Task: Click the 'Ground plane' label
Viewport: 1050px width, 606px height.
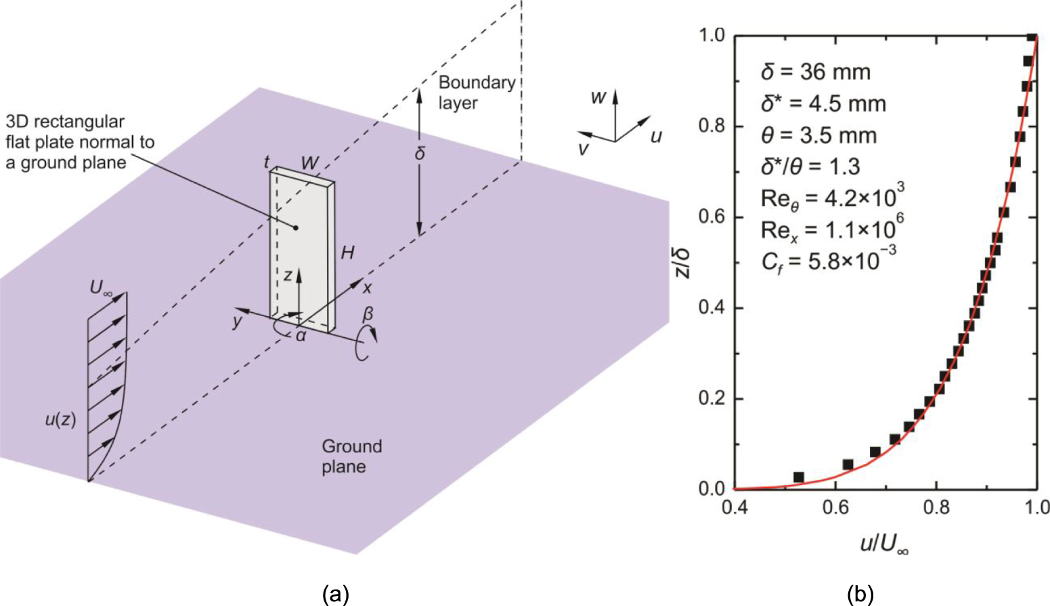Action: pyautogui.click(x=351, y=456)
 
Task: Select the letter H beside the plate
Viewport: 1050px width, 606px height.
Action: pyautogui.click(x=347, y=253)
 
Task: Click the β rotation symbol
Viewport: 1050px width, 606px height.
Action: pyautogui.click(x=368, y=314)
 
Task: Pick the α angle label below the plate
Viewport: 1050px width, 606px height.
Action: pyautogui.click(x=301, y=335)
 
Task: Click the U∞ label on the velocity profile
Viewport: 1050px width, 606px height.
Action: pyautogui.click(x=103, y=288)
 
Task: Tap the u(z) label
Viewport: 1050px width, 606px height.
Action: pyautogui.click(x=61, y=420)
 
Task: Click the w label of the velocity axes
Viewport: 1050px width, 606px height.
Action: pyautogui.click(x=598, y=98)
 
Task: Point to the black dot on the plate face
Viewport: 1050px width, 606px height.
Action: pyautogui.click(x=296, y=228)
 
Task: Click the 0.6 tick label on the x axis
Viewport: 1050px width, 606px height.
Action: pyautogui.click(x=835, y=508)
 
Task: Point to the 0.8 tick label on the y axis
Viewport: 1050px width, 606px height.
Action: pyautogui.click(x=712, y=127)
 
